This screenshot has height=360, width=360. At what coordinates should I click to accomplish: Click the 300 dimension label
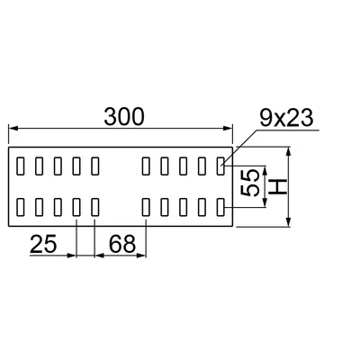click(x=124, y=117)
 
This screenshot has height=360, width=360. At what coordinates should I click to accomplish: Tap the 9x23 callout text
click(x=286, y=118)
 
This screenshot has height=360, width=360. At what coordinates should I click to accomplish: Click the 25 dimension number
click(x=43, y=244)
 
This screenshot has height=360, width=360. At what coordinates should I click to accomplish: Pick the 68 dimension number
click(x=122, y=244)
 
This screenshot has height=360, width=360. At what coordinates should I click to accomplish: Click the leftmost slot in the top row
click(x=20, y=166)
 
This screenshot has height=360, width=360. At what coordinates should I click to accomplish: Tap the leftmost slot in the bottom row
click(x=20, y=207)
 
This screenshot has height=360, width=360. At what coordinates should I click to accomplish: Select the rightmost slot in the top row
click(x=220, y=166)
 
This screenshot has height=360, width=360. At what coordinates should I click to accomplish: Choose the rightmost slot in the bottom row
click(x=220, y=207)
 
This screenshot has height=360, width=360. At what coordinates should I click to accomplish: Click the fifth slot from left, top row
click(x=94, y=166)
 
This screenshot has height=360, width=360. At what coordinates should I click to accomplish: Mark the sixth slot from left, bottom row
click(x=146, y=207)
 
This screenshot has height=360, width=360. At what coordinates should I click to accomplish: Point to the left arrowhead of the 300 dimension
click(x=13, y=129)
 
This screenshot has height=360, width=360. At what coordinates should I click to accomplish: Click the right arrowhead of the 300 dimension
click(x=229, y=129)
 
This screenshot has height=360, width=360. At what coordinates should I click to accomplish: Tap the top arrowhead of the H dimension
click(x=289, y=151)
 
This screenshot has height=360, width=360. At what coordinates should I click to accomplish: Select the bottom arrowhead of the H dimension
click(x=289, y=222)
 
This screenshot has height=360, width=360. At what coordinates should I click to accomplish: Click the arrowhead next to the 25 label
click(x=72, y=256)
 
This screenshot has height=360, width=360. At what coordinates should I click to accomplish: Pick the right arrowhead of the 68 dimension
click(x=141, y=256)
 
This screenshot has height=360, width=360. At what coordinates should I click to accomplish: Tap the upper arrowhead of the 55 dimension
click(x=265, y=170)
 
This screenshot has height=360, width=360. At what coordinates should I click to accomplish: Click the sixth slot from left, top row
click(x=146, y=166)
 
